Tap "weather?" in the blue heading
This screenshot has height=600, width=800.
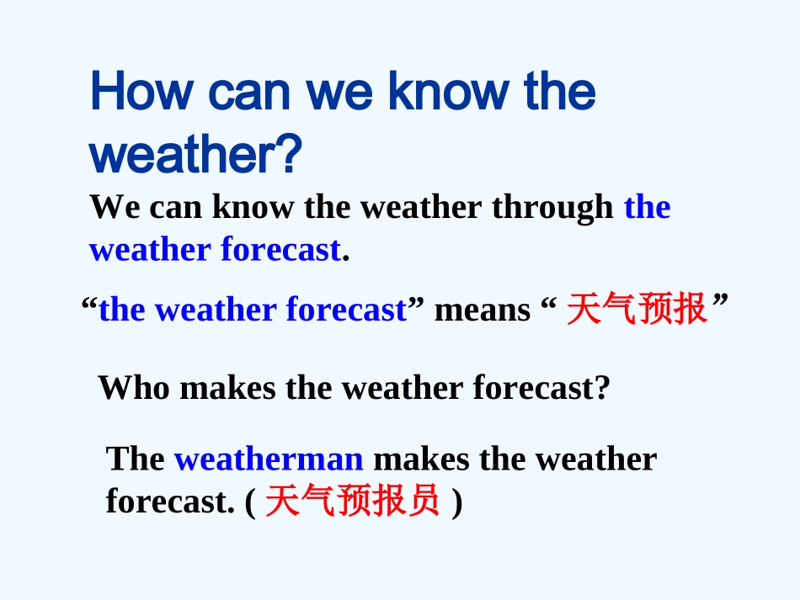(x=195, y=155)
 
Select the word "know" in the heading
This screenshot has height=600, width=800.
(x=451, y=93)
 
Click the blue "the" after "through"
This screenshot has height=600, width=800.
(x=647, y=207)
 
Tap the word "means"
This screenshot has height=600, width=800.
(x=483, y=311)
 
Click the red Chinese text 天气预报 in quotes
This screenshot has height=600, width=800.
(x=636, y=310)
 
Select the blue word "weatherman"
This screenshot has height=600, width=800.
(x=269, y=459)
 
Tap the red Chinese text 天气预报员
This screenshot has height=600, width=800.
(x=352, y=502)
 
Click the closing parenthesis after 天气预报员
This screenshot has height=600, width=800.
(x=456, y=503)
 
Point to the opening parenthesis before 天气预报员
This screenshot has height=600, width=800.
(x=251, y=503)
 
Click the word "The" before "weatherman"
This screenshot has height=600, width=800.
(x=136, y=459)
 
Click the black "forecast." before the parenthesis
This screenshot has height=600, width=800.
(x=169, y=502)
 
